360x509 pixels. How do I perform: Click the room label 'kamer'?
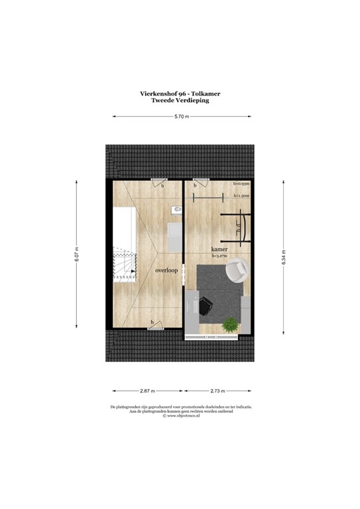(219, 249)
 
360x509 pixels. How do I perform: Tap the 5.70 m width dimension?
(181, 117)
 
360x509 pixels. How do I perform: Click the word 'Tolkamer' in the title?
(207, 93)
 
